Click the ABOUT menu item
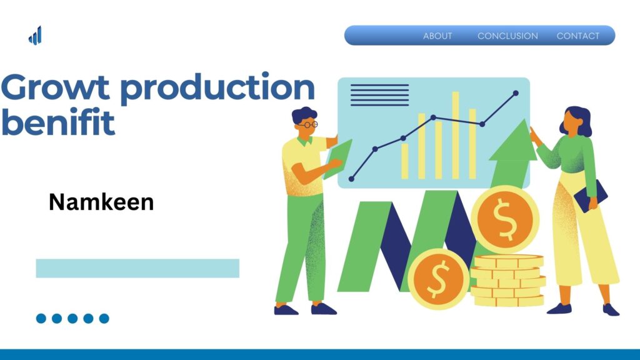pos(437,36)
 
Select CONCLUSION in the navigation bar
pos(507,36)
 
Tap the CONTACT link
pos(578,36)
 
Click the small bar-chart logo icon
pos(35,36)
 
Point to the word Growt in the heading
pos(55,87)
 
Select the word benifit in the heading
pos(58,122)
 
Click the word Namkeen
pos(101,202)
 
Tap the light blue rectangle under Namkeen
pos(137,268)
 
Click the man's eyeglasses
pos(309,124)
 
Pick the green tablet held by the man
pos(337,159)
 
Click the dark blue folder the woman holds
pos(591,196)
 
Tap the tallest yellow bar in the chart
pos(456,135)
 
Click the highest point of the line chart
pos(516,94)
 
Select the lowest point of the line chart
pos(351,179)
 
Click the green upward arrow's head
pos(514,141)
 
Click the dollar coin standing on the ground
pos(438,279)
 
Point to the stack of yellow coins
pos(508,281)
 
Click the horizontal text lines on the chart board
pos(379,95)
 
